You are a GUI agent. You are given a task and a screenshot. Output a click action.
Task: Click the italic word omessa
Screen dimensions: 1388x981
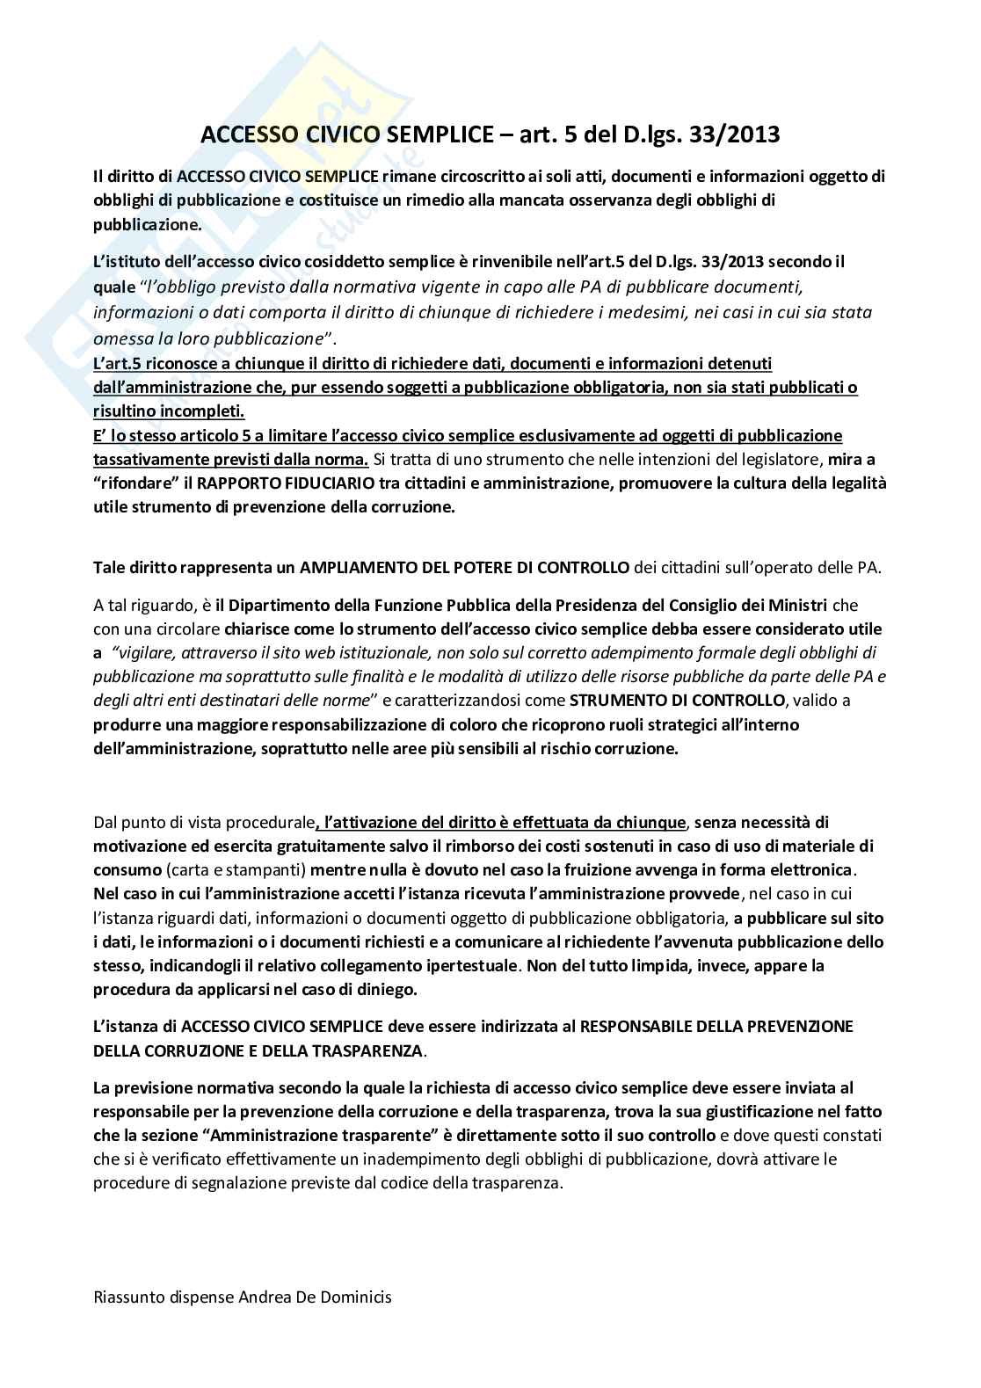[119, 338]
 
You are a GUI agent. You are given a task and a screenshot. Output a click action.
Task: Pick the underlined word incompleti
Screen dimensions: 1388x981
[207, 411]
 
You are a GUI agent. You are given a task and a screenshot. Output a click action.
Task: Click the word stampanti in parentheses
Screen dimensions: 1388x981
[272, 870]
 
